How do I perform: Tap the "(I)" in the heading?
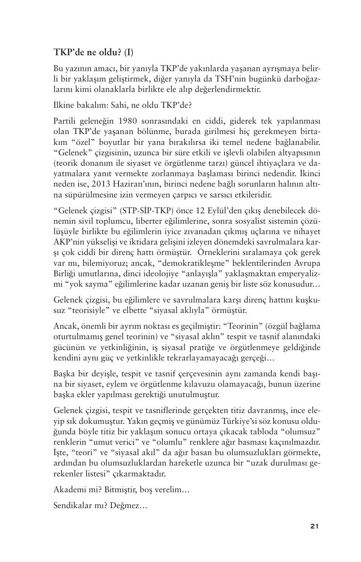click(129, 52)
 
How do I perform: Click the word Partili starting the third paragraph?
click(65, 121)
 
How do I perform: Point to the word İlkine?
click(64, 105)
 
